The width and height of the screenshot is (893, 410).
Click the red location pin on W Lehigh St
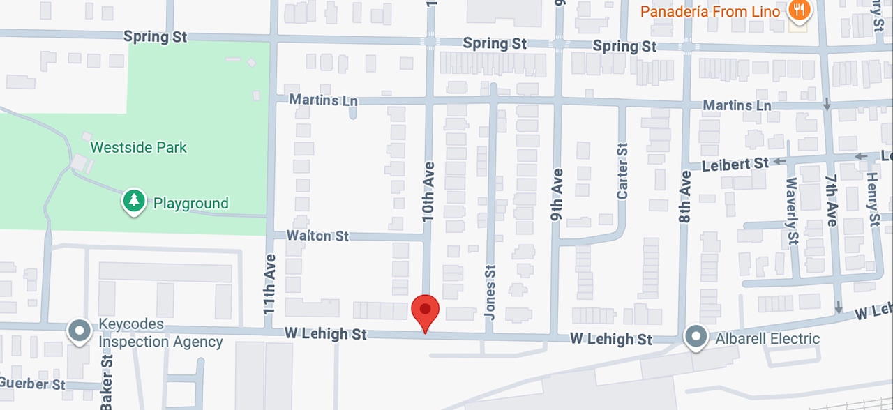pos(425,311)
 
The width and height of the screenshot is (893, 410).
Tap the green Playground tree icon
pos(133,202)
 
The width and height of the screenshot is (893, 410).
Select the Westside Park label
pos(139,148)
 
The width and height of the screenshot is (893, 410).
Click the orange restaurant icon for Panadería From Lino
pos(799,10)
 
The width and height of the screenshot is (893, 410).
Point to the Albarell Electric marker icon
pos(696,337)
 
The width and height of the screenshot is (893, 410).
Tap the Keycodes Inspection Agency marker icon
pos(80,331)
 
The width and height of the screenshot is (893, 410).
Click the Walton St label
pos(318,236)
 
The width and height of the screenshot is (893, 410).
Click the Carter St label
pos(622,172)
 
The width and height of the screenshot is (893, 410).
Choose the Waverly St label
pos(791,202)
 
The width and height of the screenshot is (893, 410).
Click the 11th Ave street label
pos(270,283)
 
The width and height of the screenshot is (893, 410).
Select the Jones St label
pos(490,291)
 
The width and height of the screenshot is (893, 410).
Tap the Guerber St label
pos(33,384)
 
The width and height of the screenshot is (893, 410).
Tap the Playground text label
pos(190,204)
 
